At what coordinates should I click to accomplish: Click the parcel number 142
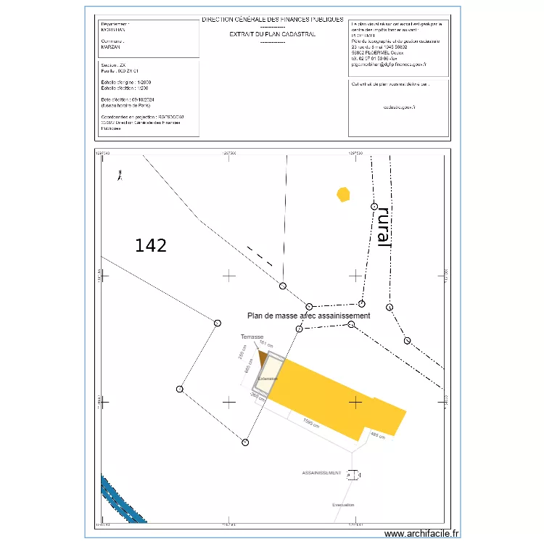(x=151, y=246)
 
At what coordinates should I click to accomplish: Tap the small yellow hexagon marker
(x=343, y=194)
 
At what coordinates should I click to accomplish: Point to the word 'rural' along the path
(x=384, y=226)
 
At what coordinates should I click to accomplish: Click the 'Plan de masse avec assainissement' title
(x=309, y=316)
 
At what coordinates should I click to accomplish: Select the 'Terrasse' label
(x=252, y=337)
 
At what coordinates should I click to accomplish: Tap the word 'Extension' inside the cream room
(x=268, y=379)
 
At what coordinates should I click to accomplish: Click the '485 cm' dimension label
(x=378, y=435)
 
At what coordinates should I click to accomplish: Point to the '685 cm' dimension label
(x=248, y=374)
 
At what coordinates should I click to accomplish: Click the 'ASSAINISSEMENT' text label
(x=321, y=473)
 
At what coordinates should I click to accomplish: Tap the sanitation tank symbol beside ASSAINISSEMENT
(x=353, y=475)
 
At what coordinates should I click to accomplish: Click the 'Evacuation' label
(x=343, y=505)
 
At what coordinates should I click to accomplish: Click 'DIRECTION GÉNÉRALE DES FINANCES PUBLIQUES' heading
(x=272, y=20)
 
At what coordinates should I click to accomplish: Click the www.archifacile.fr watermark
(x=421, y=534)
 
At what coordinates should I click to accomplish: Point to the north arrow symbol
(x=120, y=174)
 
